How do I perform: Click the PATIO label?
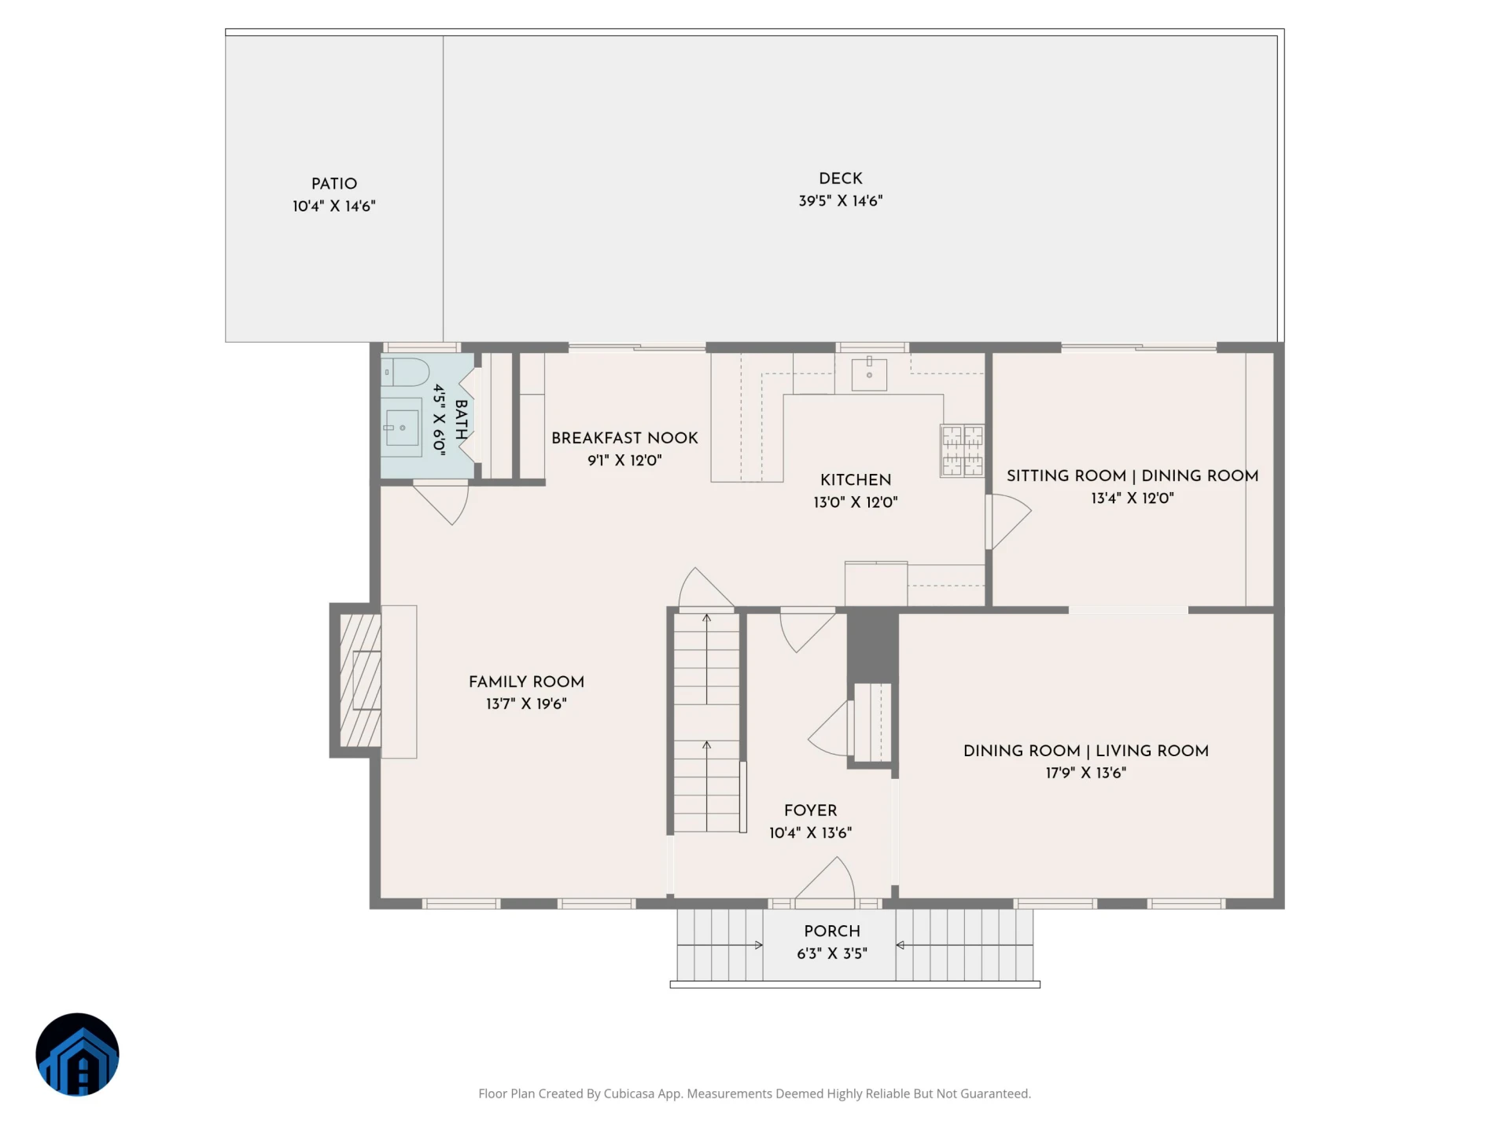pos(334,184)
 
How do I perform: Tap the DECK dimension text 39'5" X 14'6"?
pos(841,201)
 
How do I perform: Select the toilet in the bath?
pos(405,372)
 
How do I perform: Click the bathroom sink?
pos(402,428)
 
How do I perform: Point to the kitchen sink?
pos(869,374)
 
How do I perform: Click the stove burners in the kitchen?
pos(963,450)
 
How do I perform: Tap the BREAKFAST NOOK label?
pos(624,438)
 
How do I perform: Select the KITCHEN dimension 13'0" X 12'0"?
pos(856,502)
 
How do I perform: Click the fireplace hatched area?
pos(360,680)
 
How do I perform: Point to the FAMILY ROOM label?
pos(526,682)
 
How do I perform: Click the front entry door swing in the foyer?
pos(826,877)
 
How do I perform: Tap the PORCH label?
pos(832,932)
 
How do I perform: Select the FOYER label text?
pos(810,810)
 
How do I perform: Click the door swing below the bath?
pos(443,503)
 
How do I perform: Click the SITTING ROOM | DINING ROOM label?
pos(1132,476)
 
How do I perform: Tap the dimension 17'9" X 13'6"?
pos(1086,774)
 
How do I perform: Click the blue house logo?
pos(77,1054)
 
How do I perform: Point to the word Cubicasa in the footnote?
pos(629,1093)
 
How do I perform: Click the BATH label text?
pos(462,420)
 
